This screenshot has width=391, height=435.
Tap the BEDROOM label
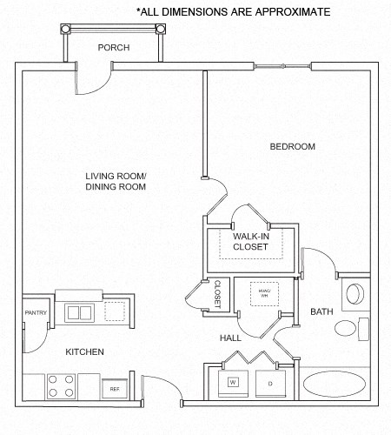(292, 146)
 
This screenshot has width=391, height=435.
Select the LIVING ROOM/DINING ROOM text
(116, 181)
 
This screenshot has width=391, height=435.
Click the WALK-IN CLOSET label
(250, 241)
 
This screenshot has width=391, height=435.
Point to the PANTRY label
(34, 312)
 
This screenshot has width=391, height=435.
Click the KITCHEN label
(85, 351)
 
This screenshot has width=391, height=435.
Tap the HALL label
(230, 338)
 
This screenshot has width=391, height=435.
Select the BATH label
(321, 311)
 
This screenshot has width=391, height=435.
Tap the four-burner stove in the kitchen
(61, 385)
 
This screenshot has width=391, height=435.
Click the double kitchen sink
(79, 311)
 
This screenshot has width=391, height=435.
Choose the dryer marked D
(270, 382)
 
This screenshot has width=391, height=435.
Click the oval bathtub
(335, 385)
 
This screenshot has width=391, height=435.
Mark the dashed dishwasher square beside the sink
(115, 311)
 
